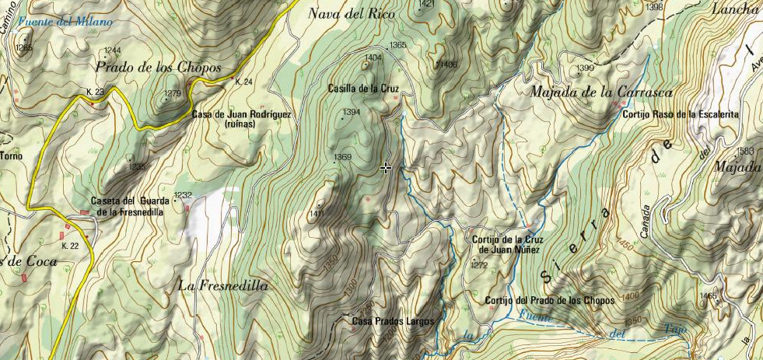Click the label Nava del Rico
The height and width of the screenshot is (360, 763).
[x=352, y=13]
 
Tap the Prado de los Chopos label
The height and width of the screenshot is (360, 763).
[x=159, y=67]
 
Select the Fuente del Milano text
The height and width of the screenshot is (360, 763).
[x=63, y=22]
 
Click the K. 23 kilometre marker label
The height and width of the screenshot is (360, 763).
[x=95, y=92]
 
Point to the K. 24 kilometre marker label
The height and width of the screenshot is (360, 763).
[x=243, y=82]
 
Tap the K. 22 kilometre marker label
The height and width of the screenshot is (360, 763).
[x=70, y=246]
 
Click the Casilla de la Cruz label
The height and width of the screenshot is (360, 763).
[x=363, y=89]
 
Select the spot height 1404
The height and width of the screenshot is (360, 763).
[x=373, y=58]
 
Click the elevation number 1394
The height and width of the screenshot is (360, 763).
[x=352, y=113]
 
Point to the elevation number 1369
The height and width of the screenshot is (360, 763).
[x=343, y=158]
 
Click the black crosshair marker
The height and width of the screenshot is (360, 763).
[x=386, y=168]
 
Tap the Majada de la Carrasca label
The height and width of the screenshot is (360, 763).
[x=590, y=92]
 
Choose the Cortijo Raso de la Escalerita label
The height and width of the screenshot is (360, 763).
[x=680, y=114]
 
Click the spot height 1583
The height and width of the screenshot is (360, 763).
[x=745, y=151]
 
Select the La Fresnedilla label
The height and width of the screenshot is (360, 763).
[x=223, y=286]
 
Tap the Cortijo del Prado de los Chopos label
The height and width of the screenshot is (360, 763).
[x=549, y=300]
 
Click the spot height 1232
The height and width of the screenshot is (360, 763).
[x=183, y=195]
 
